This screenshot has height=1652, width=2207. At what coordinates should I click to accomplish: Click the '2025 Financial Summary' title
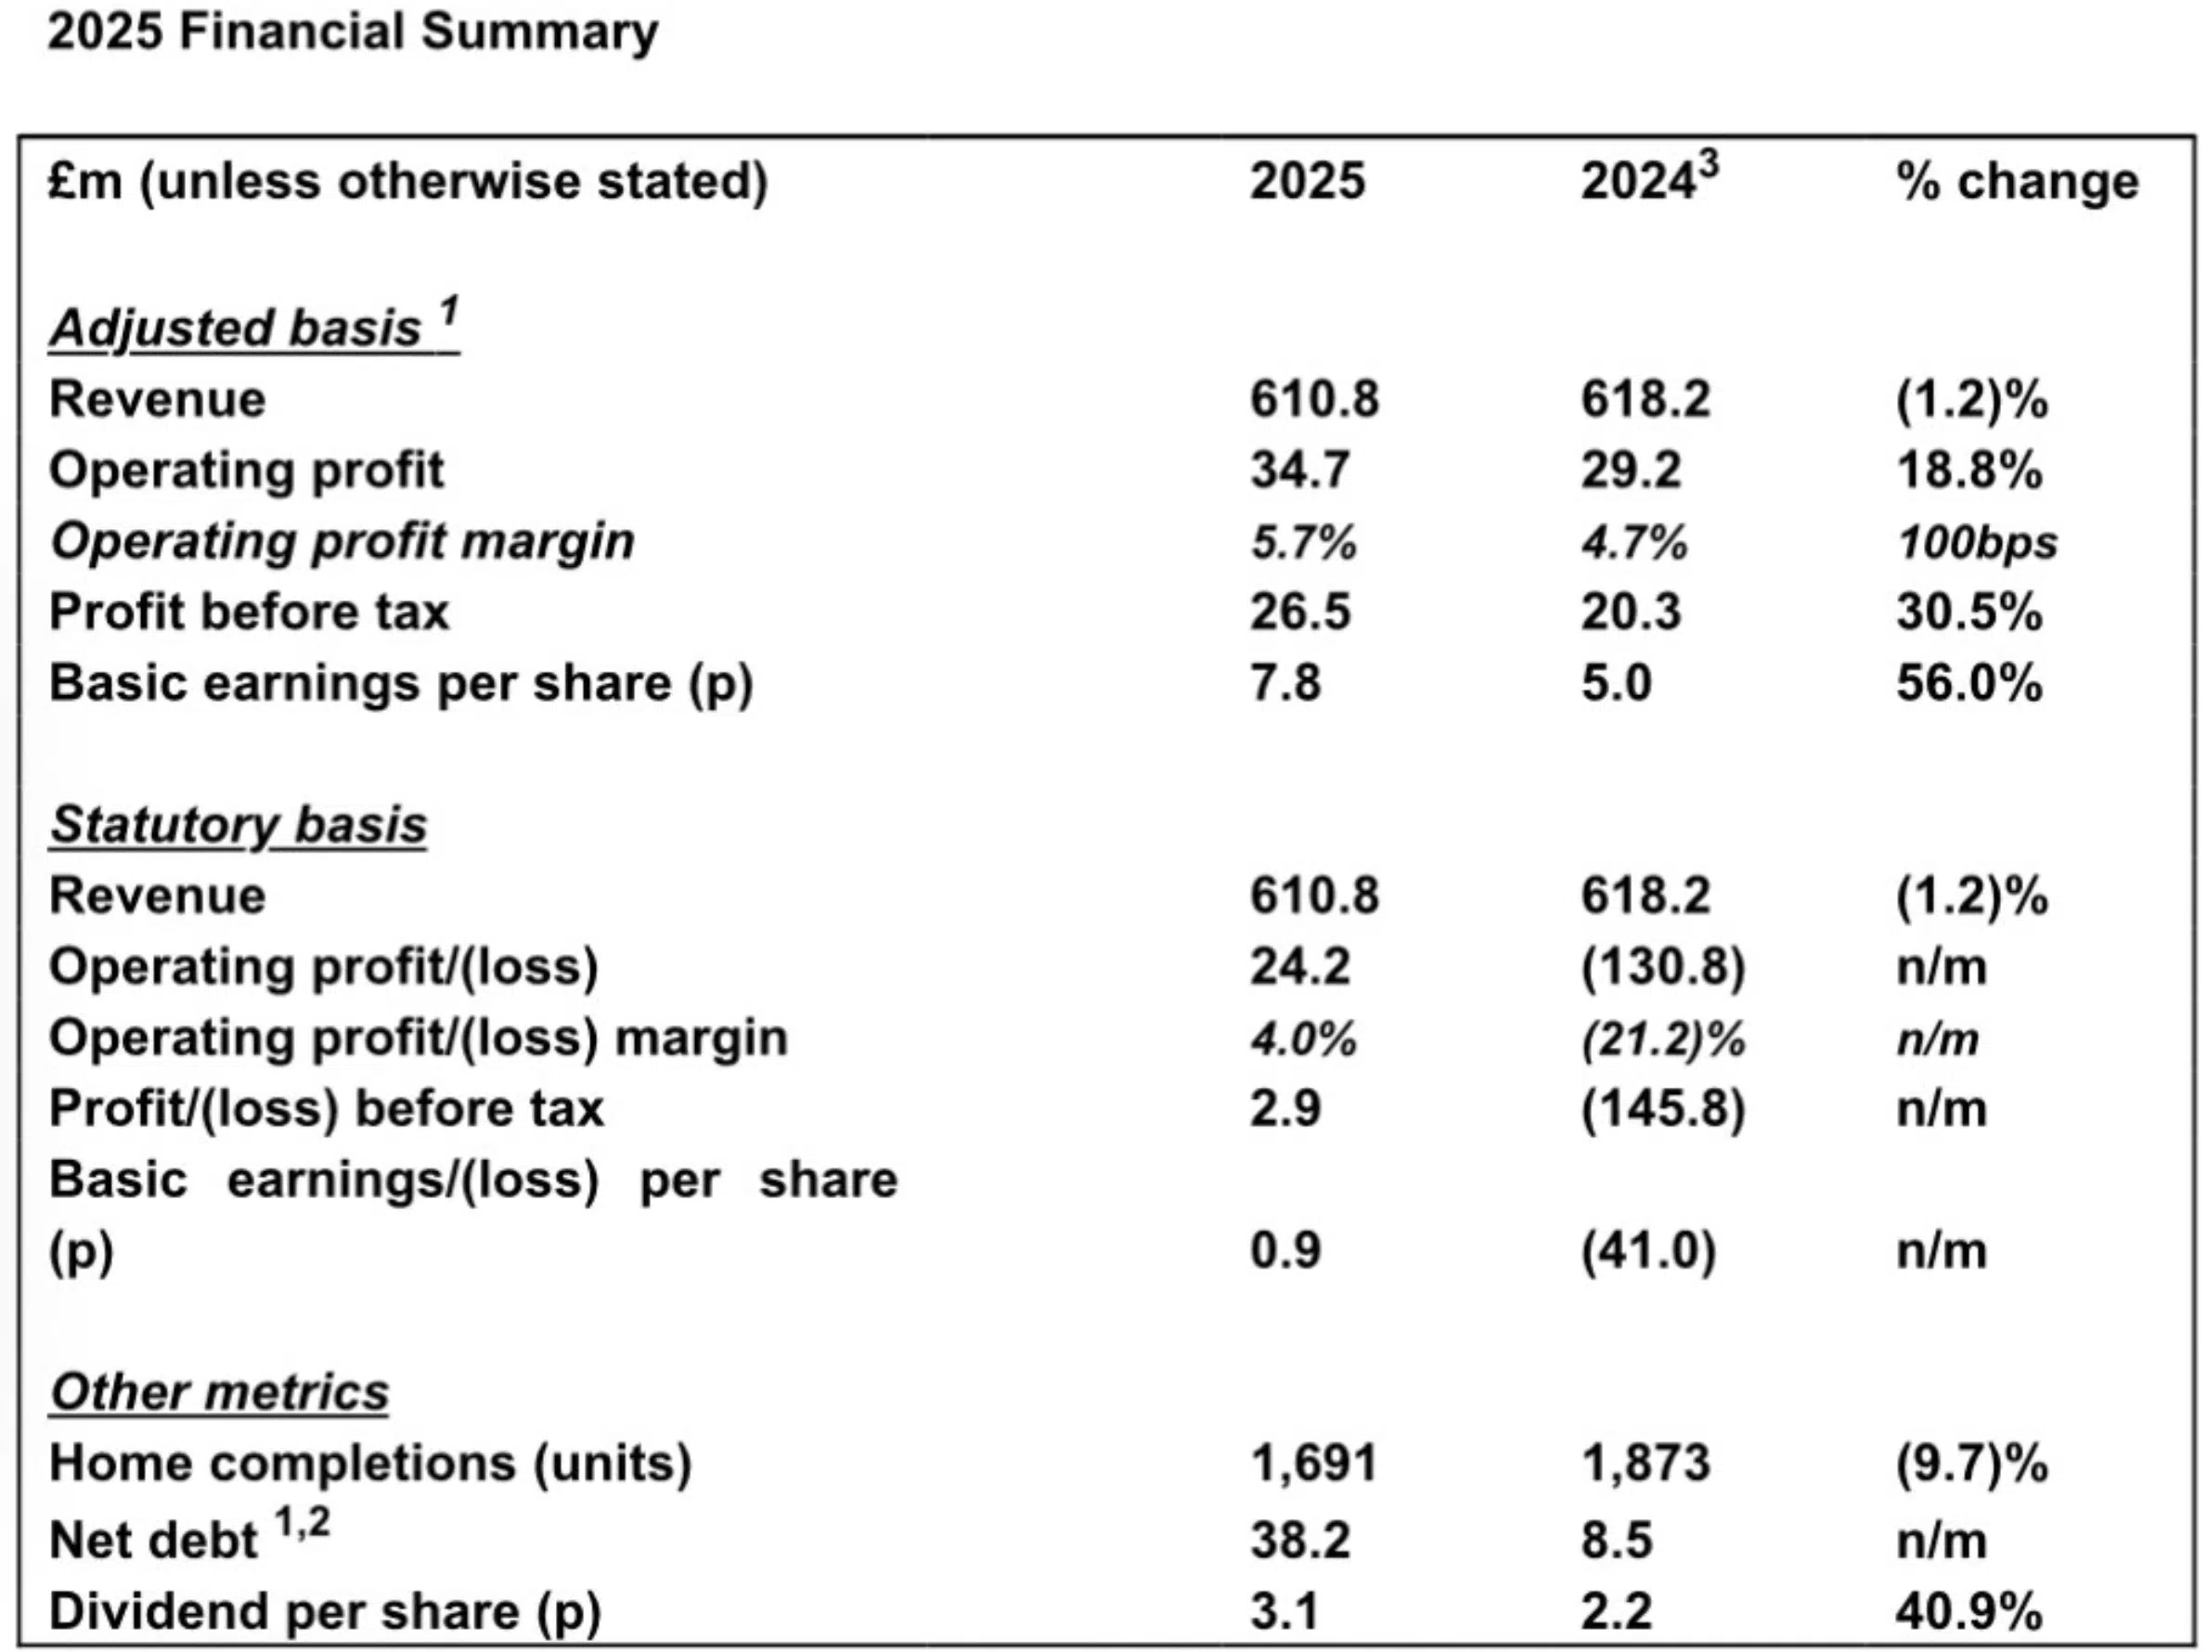pos(352,32)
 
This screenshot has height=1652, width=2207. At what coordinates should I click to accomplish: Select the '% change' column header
pos(2017,183)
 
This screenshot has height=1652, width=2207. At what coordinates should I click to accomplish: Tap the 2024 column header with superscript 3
pos(1648,181)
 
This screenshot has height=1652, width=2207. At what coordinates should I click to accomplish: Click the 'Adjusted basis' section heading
pos(253,328)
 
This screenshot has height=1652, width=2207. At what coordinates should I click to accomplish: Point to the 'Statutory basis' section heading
pos(239,825)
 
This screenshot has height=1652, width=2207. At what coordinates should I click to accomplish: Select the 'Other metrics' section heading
pos(218,1391)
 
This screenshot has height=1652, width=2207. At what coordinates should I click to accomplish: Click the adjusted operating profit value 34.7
pos(1299,470)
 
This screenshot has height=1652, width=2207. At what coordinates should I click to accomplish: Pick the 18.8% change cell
pos(1968,470)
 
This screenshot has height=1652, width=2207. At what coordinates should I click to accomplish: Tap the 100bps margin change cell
pos(1976,543)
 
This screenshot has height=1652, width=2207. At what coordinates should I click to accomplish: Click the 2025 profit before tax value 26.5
pos(1299,612)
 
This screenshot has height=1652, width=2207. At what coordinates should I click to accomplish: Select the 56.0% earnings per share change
pos(1968,683)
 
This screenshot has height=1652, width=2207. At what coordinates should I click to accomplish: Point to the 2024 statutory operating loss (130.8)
pos(1662,967)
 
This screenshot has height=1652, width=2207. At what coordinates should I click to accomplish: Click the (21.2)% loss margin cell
pos(1662,1039)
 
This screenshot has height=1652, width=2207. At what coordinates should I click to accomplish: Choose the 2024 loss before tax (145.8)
pos(1662,1108)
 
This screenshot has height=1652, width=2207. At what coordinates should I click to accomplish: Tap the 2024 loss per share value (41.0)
pos(1647,1250)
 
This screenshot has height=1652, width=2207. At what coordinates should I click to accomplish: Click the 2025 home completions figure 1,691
pos(1313,1464)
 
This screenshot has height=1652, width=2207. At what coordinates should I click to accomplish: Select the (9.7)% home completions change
pos(1970,1464)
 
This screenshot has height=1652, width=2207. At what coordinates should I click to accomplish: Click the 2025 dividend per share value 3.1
pos(1284,1611)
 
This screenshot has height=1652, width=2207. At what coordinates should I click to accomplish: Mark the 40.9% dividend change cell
pos(1968,1611)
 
